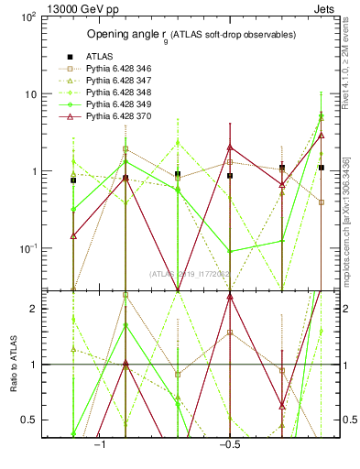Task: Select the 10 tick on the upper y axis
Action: click(x=32, y=94)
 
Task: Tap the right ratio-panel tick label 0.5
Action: click(x=348, y=420)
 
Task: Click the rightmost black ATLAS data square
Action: click(x=321, y=168)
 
